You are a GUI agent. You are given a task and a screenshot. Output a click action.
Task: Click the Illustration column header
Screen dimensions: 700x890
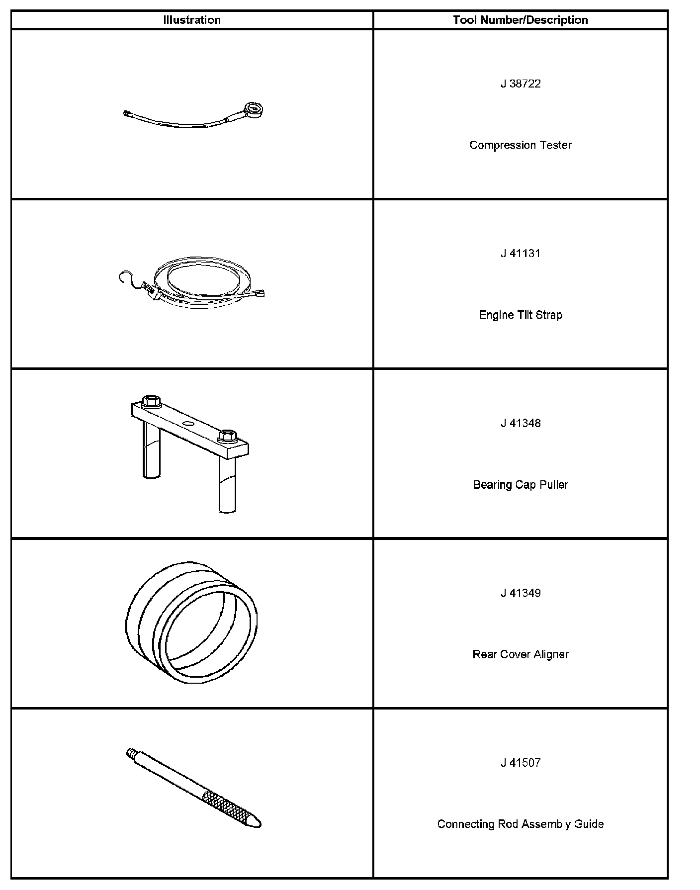coord(192,20)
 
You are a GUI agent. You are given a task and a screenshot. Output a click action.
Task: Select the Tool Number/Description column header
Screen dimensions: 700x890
coord(520,20)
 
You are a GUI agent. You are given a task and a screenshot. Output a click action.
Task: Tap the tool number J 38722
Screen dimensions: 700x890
coord(521,84)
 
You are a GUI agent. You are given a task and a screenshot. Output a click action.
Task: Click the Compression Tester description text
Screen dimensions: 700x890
coord(521,145)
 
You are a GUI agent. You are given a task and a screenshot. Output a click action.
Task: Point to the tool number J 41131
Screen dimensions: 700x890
coord(521,254)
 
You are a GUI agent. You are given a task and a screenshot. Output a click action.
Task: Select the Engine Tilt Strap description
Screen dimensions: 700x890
coord(521,315)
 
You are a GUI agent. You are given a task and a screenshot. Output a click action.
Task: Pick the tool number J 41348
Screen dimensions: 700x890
coord(521,424)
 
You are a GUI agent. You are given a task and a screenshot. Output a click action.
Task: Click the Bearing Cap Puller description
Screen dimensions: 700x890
coord(521,485)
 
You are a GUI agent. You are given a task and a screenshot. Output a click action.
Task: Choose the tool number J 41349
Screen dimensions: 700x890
coord(521,593)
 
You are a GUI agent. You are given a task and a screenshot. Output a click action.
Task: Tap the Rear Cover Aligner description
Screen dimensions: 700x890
coord(521,655)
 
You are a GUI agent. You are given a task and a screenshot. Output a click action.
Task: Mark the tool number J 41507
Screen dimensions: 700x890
coord(521,763)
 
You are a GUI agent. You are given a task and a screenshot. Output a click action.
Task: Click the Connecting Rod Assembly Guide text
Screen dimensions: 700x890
coord(521,824)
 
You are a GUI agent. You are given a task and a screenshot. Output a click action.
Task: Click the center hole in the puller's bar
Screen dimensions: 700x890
coord(188,423)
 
